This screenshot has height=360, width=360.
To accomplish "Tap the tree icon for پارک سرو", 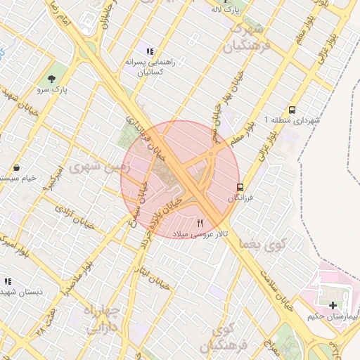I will pyautogui.click(x=51, y=77).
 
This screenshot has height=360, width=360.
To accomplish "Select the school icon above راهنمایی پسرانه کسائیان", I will pyautogui.click(x=149, y=51).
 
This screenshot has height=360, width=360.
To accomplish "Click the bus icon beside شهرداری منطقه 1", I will pyautogui.click(x=292, y=109).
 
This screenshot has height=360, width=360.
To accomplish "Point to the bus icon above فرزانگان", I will pyautogui.click(x=240, y=188).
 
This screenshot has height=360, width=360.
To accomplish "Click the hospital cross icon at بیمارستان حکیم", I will pyautogui.click(x=332, y=304).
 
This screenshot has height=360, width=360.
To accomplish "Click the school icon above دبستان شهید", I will pyautogui.click(x=9, y=280).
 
